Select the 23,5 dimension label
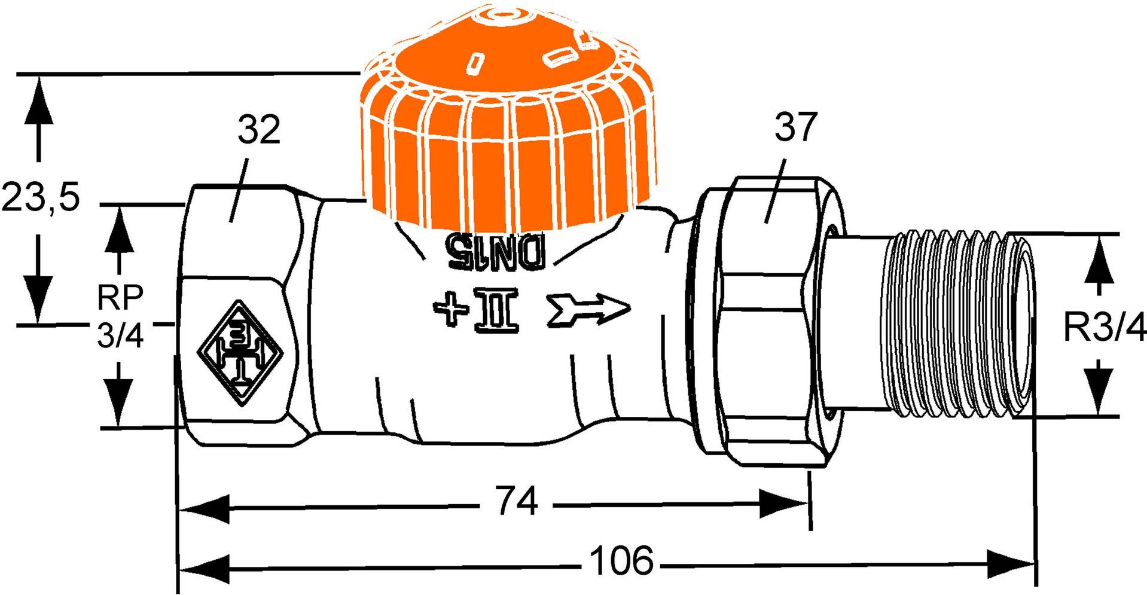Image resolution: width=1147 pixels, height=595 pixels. click(x=39, y=197)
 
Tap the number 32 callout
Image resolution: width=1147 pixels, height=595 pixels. click(x=258, y=130)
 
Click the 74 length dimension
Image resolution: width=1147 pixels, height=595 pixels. click(x=517, y=502)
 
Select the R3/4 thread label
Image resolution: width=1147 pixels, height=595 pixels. click(x=1104, y=328)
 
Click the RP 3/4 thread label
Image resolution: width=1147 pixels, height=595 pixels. click(x=121, y=316)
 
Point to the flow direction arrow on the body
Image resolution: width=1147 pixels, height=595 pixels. click(x=589, y=309)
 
